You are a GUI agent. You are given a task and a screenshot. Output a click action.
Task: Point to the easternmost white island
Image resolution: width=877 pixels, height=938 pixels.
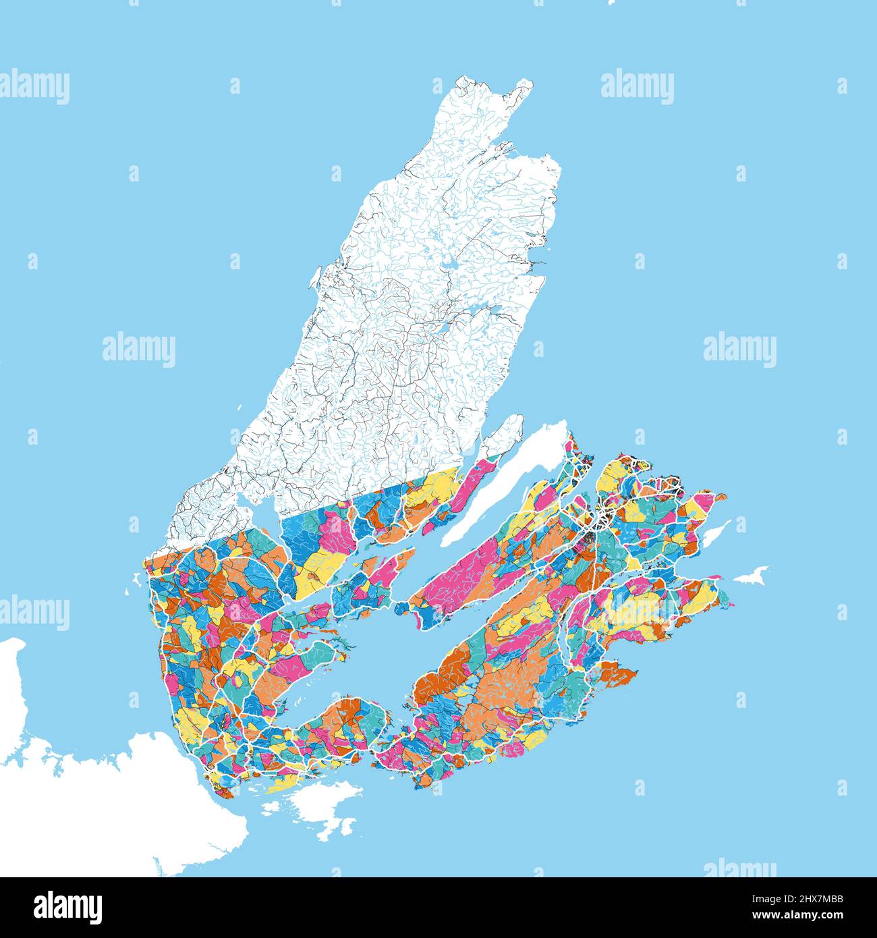[x=753, y=576]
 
